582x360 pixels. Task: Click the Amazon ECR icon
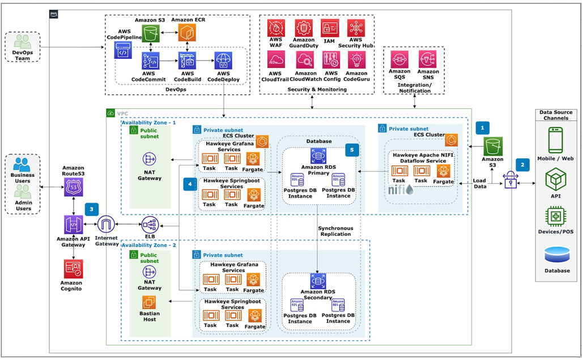(186, 32)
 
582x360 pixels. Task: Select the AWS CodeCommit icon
(151, 61)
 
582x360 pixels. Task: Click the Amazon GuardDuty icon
(304, 28)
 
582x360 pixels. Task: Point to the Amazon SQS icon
(400, 60)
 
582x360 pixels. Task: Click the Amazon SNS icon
(427, 60)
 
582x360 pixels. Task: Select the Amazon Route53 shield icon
(74, 185)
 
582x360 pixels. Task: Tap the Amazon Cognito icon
(73, 269)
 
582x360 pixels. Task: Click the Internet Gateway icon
(107, 225)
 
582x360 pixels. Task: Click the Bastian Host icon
(149, 302)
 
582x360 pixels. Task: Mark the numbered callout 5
(352, 150)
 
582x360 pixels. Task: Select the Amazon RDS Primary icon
(318, 156)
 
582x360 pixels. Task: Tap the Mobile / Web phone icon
(555, 138)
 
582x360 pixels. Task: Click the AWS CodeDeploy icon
(223, 61)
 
